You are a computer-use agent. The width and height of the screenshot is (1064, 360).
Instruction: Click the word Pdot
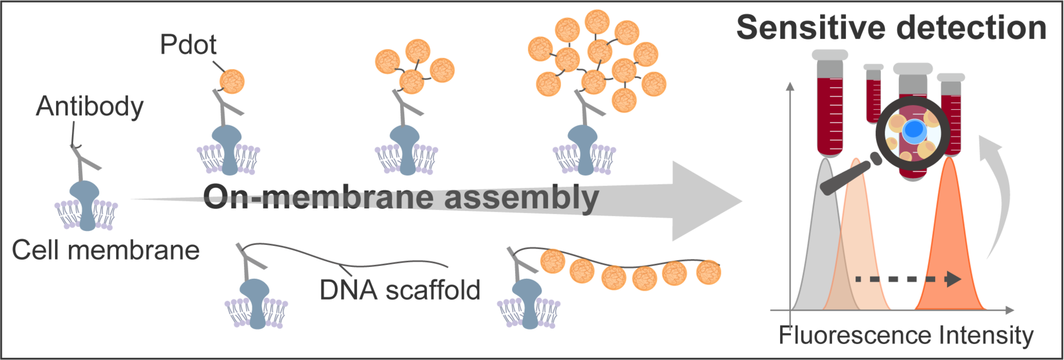pyautogui.click(x=188, y=45)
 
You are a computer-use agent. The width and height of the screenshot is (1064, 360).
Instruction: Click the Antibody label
pyautogui.click(x=90, y=107)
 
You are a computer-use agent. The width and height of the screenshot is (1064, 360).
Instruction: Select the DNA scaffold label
pyautogui.click(x=400, y=290)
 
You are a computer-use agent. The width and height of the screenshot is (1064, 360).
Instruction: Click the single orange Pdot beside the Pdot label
pyautogui.click(x=232, y=82)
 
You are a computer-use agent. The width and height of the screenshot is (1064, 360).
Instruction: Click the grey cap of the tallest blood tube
pyautogui.click(x=830, y=54)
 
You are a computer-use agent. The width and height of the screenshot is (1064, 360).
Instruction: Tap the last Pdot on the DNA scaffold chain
pyautogui.click(x=709, y=272)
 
